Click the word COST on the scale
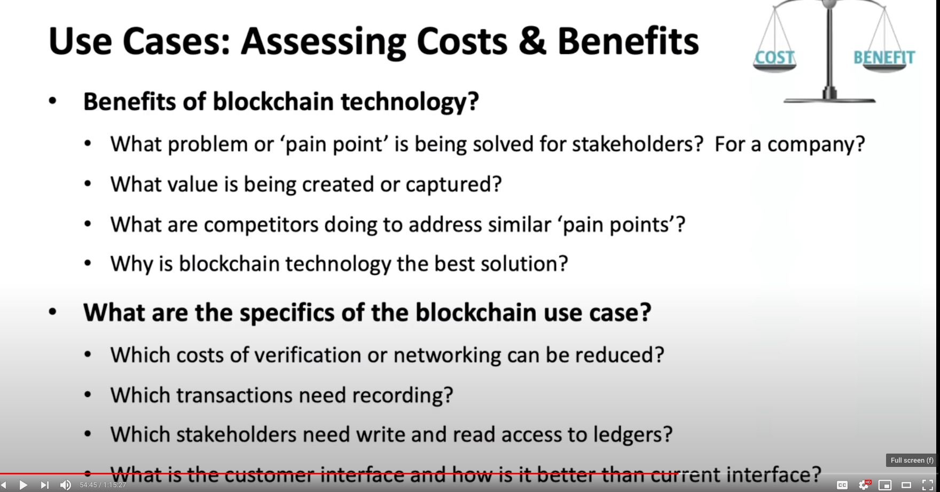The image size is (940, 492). point(774,57)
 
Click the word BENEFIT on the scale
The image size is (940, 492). point(884,57)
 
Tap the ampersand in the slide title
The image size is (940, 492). point(532,41)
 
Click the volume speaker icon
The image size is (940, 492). point(66,485)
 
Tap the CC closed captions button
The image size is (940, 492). point(842,485)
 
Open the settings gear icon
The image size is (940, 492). point(864,485)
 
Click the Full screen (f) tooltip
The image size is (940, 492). point(912,460)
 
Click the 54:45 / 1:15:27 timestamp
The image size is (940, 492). point(103,485)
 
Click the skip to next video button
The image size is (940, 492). point(45,485)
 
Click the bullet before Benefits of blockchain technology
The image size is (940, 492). point(52,101)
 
